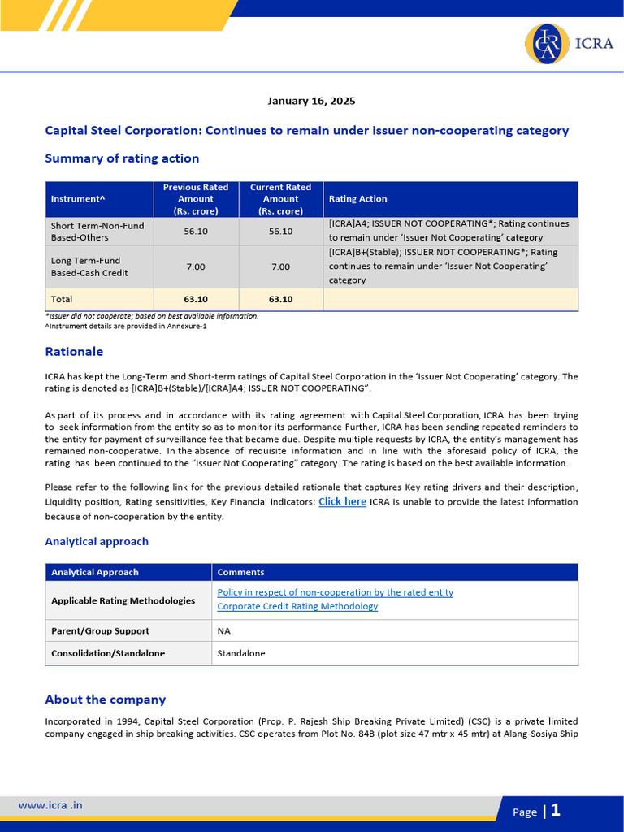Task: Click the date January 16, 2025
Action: coord(311,102)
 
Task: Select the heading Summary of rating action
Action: coord(122,158)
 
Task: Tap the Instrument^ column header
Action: coord(78,199)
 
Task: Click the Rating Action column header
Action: coord(357,199)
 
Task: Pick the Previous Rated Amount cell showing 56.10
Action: coord(195,232)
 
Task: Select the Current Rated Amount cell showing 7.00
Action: coord(280,266)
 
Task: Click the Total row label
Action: coord(62,299)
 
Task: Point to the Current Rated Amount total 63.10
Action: coord(280,299)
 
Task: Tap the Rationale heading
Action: coord(74,352)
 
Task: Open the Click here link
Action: coord(342,502)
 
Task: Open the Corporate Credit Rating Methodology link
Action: coord(297,606)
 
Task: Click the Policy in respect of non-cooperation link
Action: coord(335,592)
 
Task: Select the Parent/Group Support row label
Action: coord(100,630)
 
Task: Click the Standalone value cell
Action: coord(241,653)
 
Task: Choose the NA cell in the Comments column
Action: coord(224,630)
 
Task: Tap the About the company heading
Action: coord(105,700)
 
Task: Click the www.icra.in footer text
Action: coord(50,806)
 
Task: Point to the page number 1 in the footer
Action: coord(556,810)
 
